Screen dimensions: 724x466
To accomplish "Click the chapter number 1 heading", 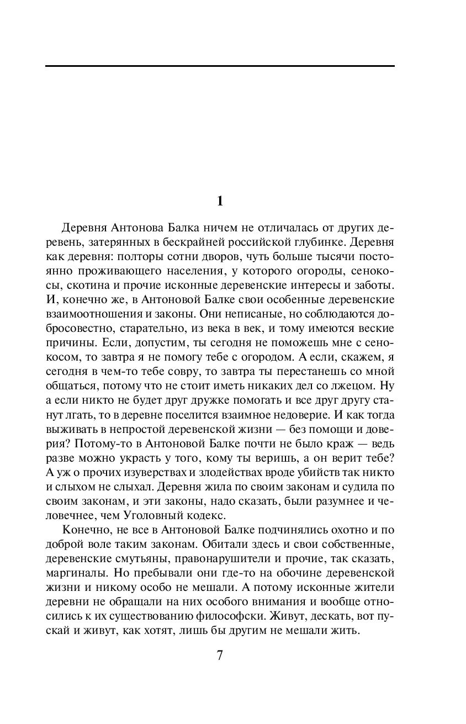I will pos(220,202).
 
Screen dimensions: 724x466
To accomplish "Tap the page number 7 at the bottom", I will pos(220,656).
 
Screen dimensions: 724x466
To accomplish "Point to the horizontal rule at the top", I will pos(220,66).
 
